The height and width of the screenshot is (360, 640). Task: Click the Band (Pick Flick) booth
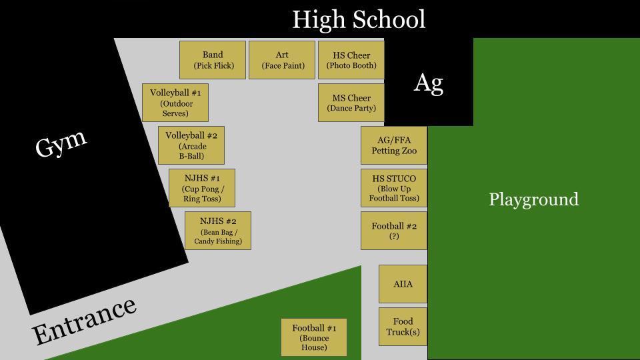point(213,60)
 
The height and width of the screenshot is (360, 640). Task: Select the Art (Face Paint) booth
point(282,60)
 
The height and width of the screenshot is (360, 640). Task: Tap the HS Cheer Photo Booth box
point(351,60)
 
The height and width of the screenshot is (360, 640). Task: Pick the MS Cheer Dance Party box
point(351,103)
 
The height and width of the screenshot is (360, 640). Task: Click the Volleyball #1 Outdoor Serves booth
point(175,103)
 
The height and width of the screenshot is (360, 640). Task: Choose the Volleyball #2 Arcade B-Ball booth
point(191,145)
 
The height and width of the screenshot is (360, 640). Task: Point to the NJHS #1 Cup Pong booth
point(202,188)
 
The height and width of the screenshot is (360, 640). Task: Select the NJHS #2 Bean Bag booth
point(218,231)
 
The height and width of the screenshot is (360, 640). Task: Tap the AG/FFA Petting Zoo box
point(394,145)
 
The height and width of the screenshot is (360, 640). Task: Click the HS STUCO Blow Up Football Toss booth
point(394,188)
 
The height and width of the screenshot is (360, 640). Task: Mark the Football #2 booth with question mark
point(394,231)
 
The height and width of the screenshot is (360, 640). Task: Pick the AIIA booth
point(403,284)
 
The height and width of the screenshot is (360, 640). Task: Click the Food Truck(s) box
point(403,327)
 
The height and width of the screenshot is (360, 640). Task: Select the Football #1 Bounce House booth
point(314,337)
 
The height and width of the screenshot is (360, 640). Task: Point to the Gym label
point(61,143)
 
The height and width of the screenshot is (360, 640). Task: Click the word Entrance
point(84,321)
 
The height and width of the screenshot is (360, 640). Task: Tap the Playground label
point(534,199)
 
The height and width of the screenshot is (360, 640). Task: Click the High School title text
point(359,19)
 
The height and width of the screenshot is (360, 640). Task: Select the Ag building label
point(429,83)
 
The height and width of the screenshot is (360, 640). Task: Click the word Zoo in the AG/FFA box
point(409,151)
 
